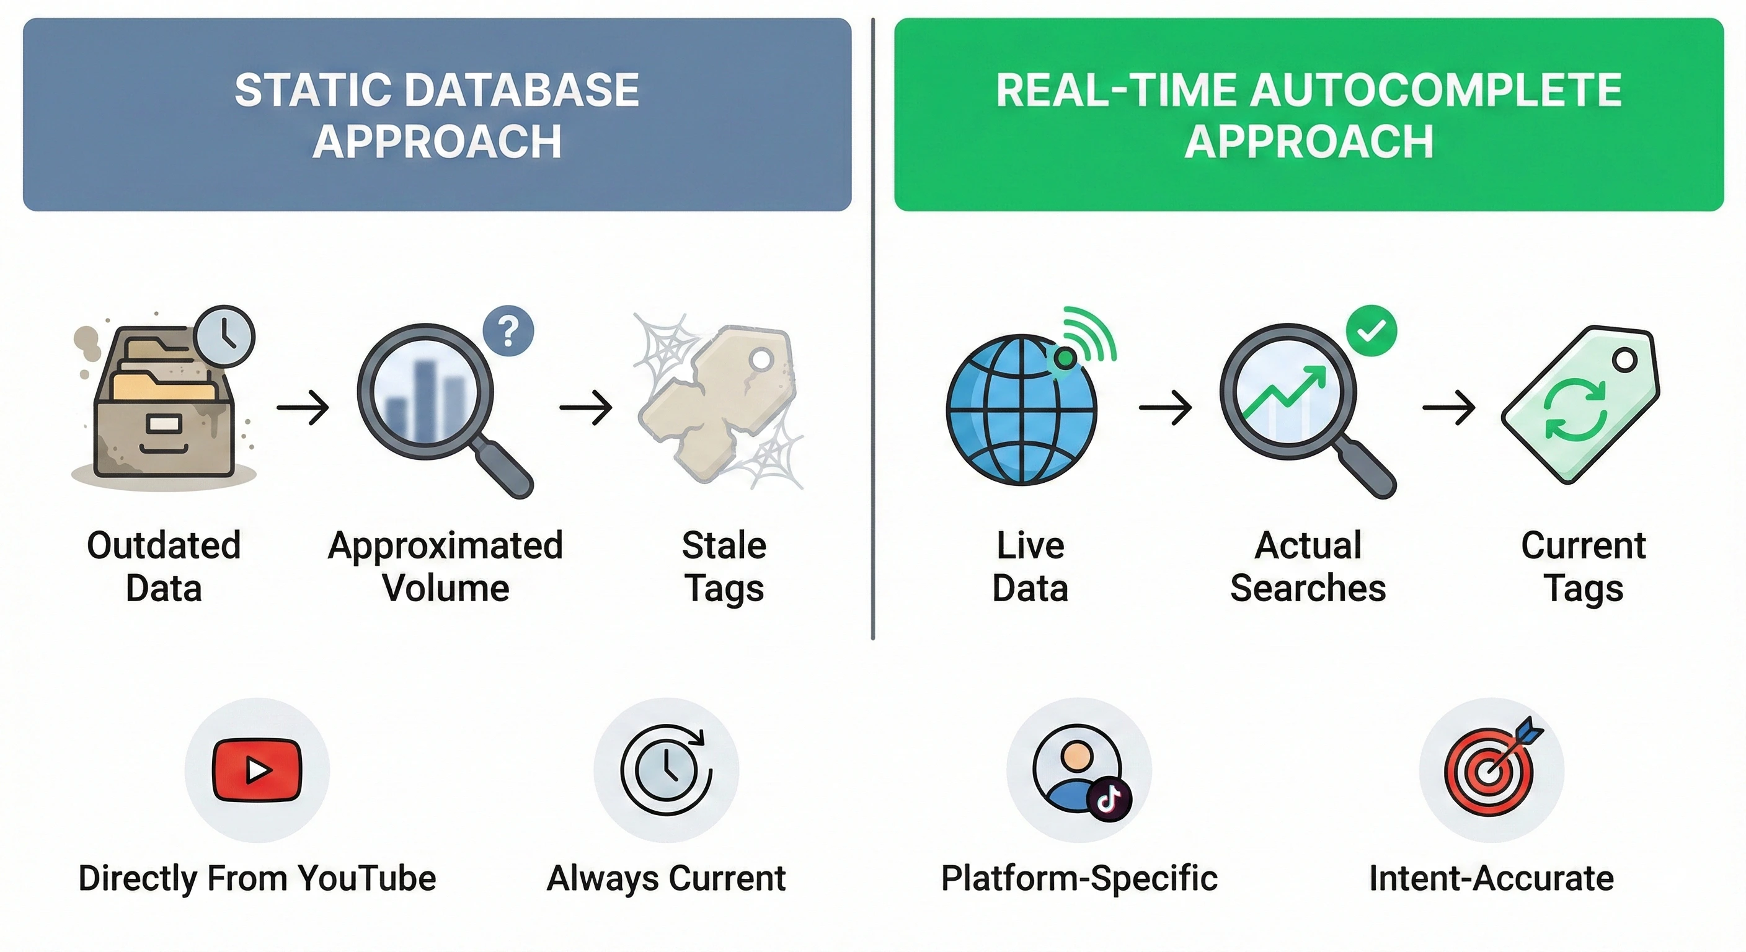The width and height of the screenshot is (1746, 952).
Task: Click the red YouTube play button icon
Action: pyautogui.click(x=256, y=770)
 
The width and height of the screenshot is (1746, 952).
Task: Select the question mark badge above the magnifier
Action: pyautogui.click(x=508, y=332)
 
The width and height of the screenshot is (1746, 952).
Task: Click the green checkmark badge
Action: pyautogui.click(x=1371, y=331)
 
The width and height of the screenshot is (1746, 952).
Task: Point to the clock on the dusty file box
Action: pyautogui.click(x=224, y=336)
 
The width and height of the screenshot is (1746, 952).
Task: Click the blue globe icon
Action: pyautogui.click(x=1021, y=410)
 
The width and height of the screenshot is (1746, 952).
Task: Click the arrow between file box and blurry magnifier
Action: pyautogui.click(x=303, y=407)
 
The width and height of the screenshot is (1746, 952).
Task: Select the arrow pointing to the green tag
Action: pyautogui.click(x=1448, y=407)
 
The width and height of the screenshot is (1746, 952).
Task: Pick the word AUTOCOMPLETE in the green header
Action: pyautogui.click(x=1435, y=90)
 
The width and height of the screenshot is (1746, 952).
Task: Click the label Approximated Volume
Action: pyautogui.click(x=445, y=566)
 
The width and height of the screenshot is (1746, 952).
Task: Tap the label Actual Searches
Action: pyautogui.click(x=1308, y=566)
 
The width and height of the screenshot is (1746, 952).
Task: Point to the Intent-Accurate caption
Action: pyautogui.click(x=1491, y=879)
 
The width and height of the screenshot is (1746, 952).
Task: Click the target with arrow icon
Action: pyautogui.click(x=1489, y=772)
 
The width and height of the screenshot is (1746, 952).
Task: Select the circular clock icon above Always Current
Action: pyautogui.click(x=667, y=770)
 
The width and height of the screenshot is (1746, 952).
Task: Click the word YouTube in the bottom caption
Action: pyautogui.click(x=366, y=879)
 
